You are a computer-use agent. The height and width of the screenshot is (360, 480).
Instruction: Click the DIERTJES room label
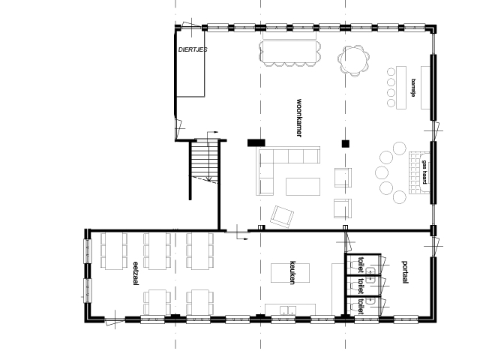pyautogui.click(x=193, y=49)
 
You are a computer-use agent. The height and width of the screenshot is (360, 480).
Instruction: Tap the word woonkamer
pyautogui.click(x=299, y=118)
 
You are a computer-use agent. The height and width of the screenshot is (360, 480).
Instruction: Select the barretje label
pyautogui.click(x=413, y=88)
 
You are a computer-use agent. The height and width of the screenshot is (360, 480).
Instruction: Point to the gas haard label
pyautogui.click(x=424, y=172)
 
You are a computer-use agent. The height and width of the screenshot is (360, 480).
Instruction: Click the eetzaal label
pyautogui.click(x=136, y=273)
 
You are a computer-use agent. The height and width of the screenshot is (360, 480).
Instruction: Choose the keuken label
pyautogui.click(x=292, y=273)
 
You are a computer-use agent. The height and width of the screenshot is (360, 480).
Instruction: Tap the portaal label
pyautogui.click(x=405, y=272)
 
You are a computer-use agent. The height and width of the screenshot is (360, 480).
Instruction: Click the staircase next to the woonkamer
pyautogui.click(x=205, y=162)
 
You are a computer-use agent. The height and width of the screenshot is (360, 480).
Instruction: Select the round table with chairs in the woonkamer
pyautogui.click(x=354, y=61)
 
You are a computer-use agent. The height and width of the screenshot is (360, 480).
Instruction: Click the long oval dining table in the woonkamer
pyautogui.click(x=290, y=53)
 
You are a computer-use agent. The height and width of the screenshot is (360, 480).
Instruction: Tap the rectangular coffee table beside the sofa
pyautogui.click(x=303, y=187)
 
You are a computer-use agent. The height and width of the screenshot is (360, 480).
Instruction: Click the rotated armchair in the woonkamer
pyautogui.click(x=282, y=217)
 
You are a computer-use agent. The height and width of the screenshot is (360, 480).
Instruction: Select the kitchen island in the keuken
pyautogui.click(x=290, y=273)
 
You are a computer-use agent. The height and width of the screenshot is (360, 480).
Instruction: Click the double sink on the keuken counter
pyautogui.click(x=288, y=310)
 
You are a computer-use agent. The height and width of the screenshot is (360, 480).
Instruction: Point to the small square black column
pyautogui.click(x=346, y=143)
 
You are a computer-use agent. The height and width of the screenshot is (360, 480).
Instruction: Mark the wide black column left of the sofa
pyautogui.click(x=256, y=142)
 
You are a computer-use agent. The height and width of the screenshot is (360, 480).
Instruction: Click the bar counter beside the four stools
pyautogui.click(x=401, y=88)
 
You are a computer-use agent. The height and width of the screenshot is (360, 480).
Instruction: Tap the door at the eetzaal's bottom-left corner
pyautogui.click(x=115, y=321)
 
